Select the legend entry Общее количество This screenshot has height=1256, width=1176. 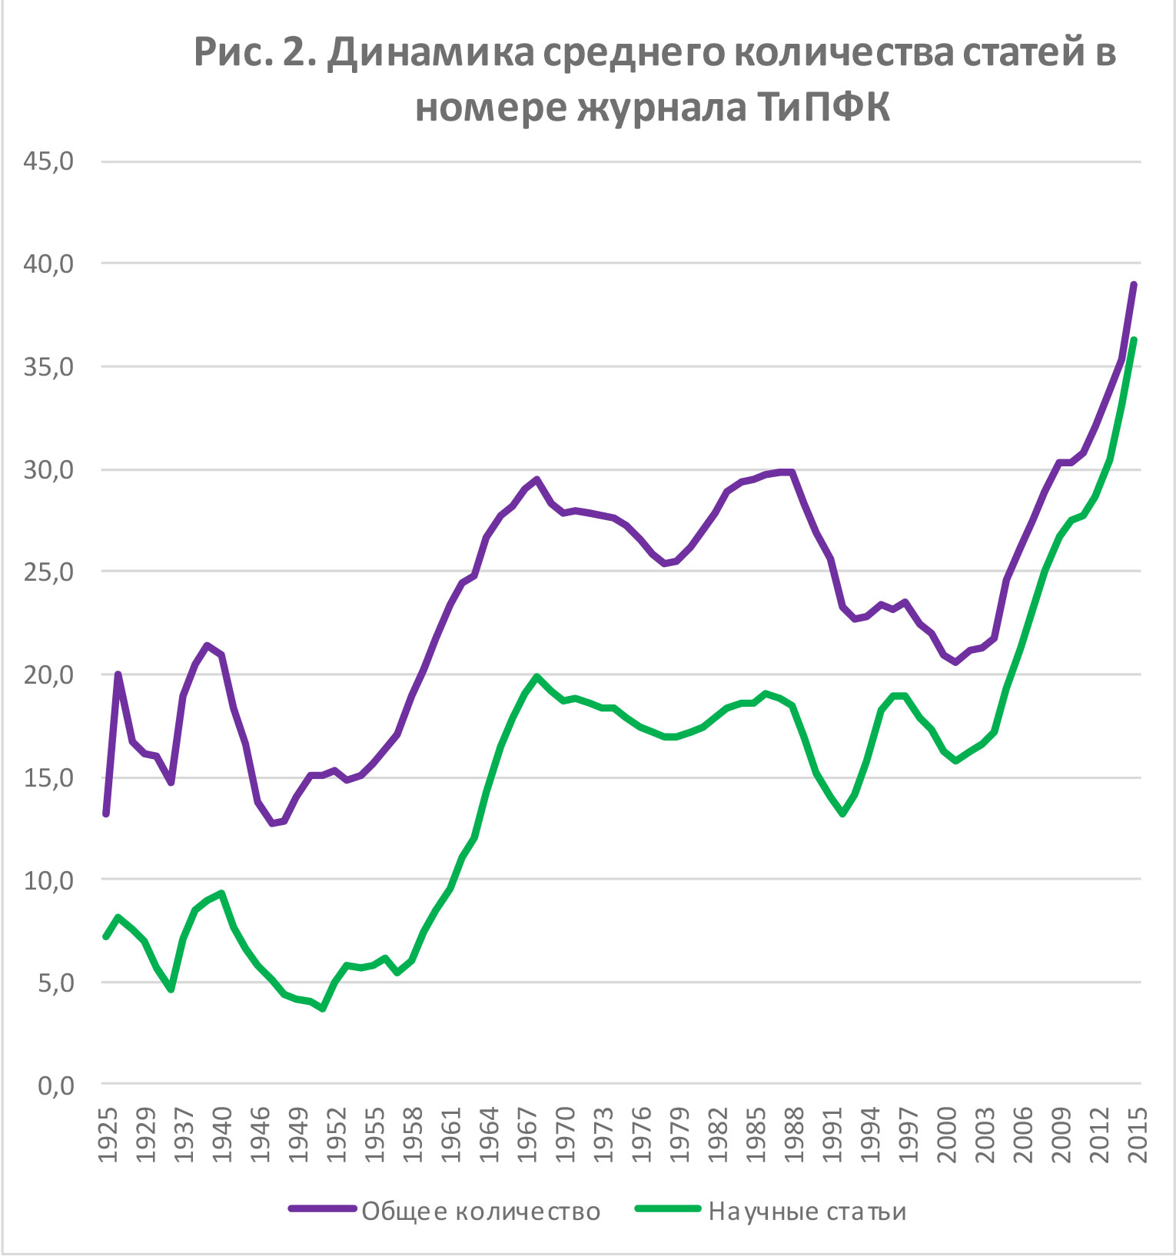pyautogui.click(x=480, y=1211)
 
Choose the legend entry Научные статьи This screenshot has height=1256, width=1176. pyautogui.click(x=807, y=1211)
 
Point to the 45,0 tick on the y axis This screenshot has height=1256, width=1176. pyautogui.click(x=48, y=161)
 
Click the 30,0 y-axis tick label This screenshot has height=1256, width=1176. pyautogui.click(x=48, y=469)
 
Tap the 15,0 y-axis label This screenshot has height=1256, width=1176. pyautogui.click(x=48, y=777)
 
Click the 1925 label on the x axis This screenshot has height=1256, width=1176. pyautogui.click(x=108, y=1135)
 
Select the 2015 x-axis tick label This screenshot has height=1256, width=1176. pyautogui.click(x=1136, y=1135)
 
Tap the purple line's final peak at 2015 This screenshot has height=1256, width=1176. pyautogui.click(x=1134, y=285)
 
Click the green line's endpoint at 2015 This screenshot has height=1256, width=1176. pyautogui.click(x=1134, y=340)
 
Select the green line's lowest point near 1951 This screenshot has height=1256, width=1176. pyautogui.click(x=323, y=1009)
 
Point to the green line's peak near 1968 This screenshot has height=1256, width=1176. pyautogui.click(x=537, y=676)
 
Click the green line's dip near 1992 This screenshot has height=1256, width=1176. pyautogui.click(x=843, y=814)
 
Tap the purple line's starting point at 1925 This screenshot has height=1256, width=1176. pyautogui.click(x=106, y=814)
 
